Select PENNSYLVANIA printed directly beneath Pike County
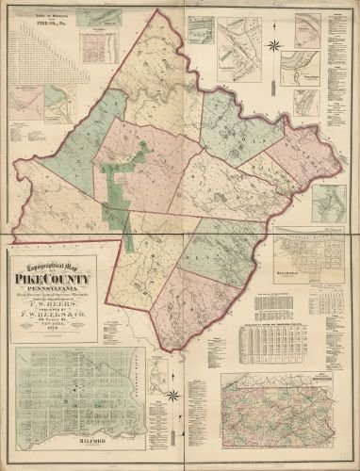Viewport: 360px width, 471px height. [53, 290]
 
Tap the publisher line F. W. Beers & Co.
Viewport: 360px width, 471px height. [53, 317]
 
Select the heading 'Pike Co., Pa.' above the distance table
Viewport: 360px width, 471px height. [53, 23]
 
